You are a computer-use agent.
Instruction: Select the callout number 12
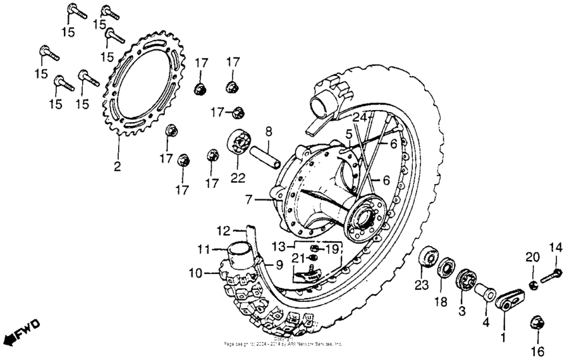tap(223, 230)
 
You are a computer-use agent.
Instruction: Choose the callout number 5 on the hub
tap(348, 135)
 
